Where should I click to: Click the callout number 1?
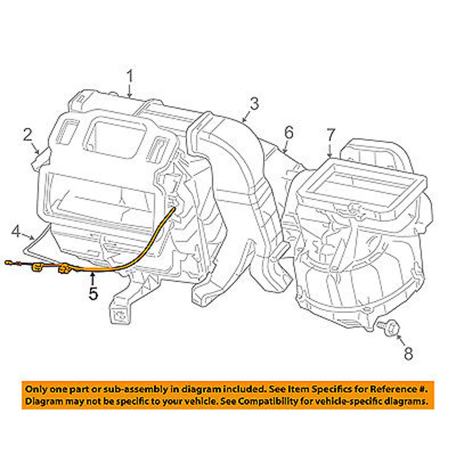(130, 76)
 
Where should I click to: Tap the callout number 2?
(28, 135)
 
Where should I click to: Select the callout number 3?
(254, 104)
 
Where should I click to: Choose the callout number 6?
(289, 133)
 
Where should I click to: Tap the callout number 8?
(408, 353)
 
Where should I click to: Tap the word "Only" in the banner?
(36, 389)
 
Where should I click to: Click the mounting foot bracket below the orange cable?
(120, 310)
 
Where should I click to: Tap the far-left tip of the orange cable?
(6, 262)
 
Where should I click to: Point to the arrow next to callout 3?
(245, 118)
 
